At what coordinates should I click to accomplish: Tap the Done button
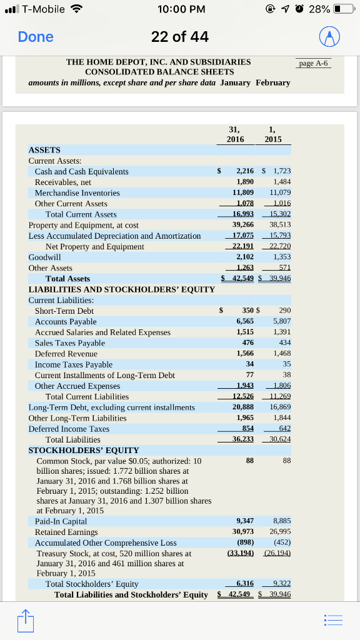pyautogui.click(x=36, y=37)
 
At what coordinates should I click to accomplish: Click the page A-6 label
pyautogui.click(x=313, y=64)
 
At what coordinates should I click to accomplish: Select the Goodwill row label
pyautogui.click(x=45, y=257)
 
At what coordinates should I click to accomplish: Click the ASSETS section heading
pyautogui.click(x=44, y=150)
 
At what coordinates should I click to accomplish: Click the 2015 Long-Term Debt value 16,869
pyautogui.click(x=280, y=407)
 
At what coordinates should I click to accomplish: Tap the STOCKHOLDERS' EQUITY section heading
pyautogui.click(x=84, y=450)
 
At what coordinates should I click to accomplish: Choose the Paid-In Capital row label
pyautogui.click(x=61, y=521)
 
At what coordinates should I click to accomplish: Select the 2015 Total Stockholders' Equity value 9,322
pyautogui.click(x=282, y=584)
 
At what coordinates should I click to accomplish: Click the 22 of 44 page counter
pyautogui.click(x=180, y=37)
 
